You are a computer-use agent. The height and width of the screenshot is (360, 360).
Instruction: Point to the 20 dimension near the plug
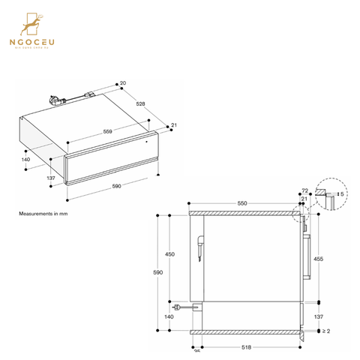[x=122, y=83]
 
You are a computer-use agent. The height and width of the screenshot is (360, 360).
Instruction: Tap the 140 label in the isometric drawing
[x=25, y=160]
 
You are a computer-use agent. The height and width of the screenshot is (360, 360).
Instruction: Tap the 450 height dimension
[x=169, y=255]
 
